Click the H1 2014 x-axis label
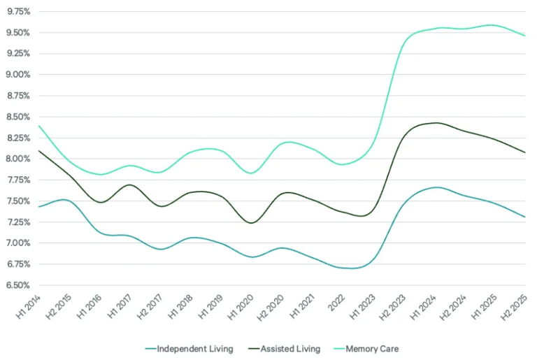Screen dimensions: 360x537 (27, 308)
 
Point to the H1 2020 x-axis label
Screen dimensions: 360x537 (240, 308)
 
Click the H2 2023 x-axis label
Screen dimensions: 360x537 (392, 308)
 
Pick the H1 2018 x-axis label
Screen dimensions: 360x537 (179, 308)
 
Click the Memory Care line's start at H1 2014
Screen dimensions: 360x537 (38, 126)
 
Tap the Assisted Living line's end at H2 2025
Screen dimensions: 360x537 (525, 152)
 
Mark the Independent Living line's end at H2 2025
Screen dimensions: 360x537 (525, 217)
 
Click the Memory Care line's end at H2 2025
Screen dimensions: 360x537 (525, 36)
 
